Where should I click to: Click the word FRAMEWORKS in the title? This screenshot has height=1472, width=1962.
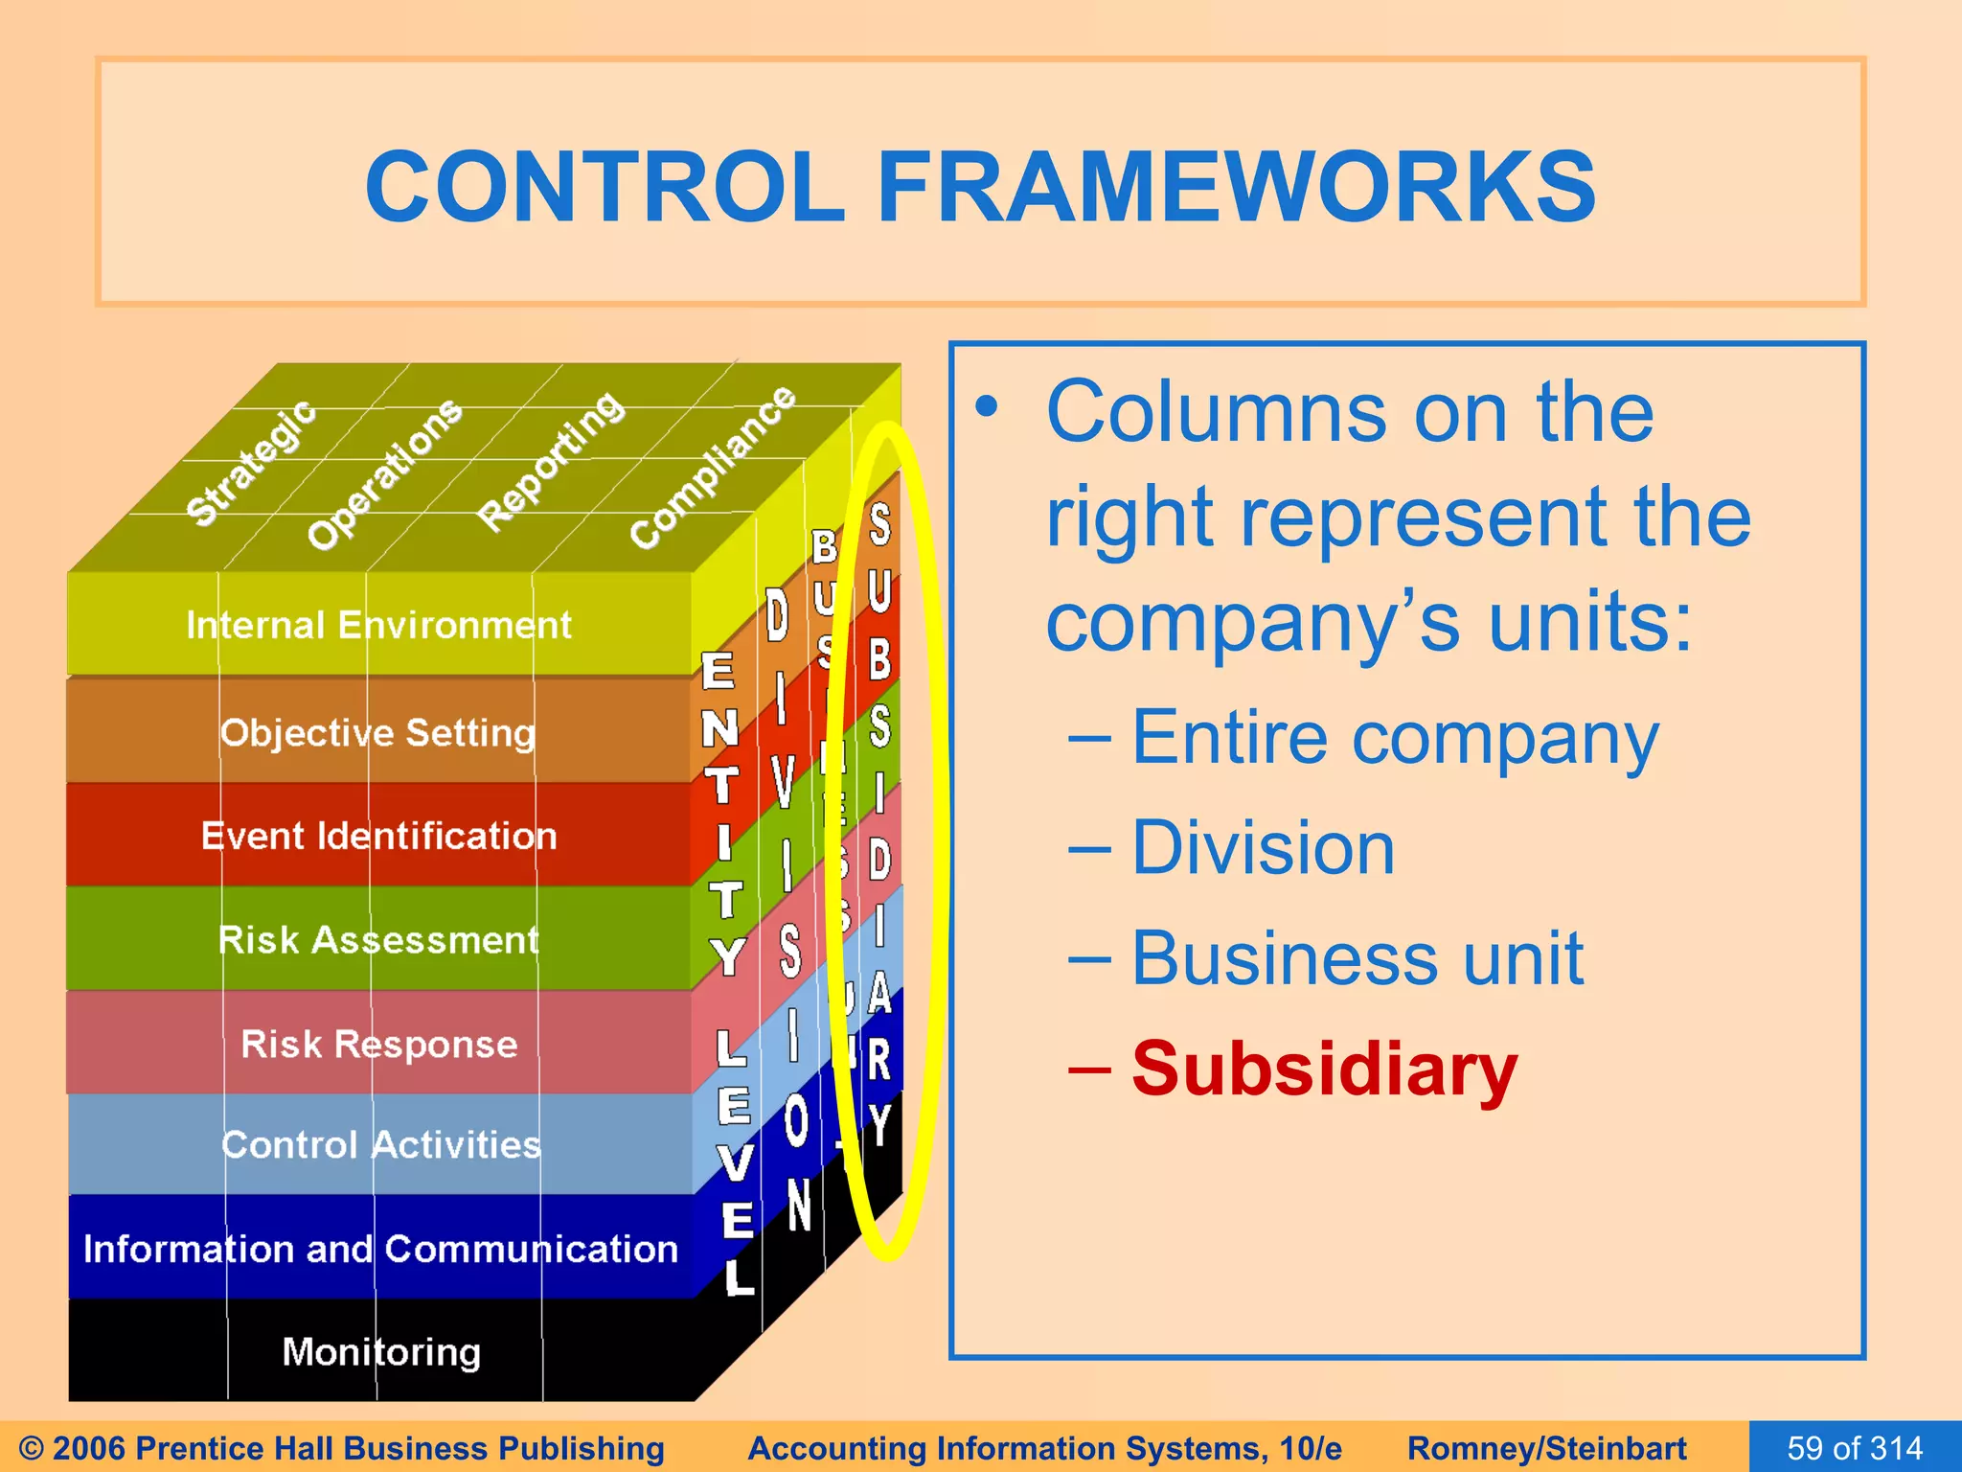click(1236, 187)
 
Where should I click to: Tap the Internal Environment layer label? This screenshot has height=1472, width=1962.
click(378, 626)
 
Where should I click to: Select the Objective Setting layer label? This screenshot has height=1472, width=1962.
click(377, 733)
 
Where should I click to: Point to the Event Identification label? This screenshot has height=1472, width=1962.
click(378, 837)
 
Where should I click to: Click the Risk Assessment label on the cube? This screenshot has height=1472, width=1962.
click(378, 940)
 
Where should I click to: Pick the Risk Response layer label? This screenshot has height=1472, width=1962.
click(378, 1044)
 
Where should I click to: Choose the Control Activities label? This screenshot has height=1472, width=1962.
click(380, 1145)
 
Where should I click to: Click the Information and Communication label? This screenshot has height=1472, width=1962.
click(380, 1250)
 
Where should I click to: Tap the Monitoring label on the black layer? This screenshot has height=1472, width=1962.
click(381, 1352)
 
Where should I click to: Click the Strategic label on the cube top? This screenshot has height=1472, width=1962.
click(251, 463)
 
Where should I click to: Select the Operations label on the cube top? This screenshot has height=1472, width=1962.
click(384, 473)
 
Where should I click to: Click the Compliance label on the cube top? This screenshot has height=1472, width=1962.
click(713, 467)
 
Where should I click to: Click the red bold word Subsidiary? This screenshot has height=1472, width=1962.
click(1324, 1069)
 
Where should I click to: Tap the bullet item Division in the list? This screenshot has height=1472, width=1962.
click(1263, 848)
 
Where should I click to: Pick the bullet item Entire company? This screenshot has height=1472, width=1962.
click(1394, 738)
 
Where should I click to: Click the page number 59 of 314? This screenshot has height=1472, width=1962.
click(1854, 1447)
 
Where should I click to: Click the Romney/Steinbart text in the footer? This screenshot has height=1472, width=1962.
click(1546, 1448)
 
